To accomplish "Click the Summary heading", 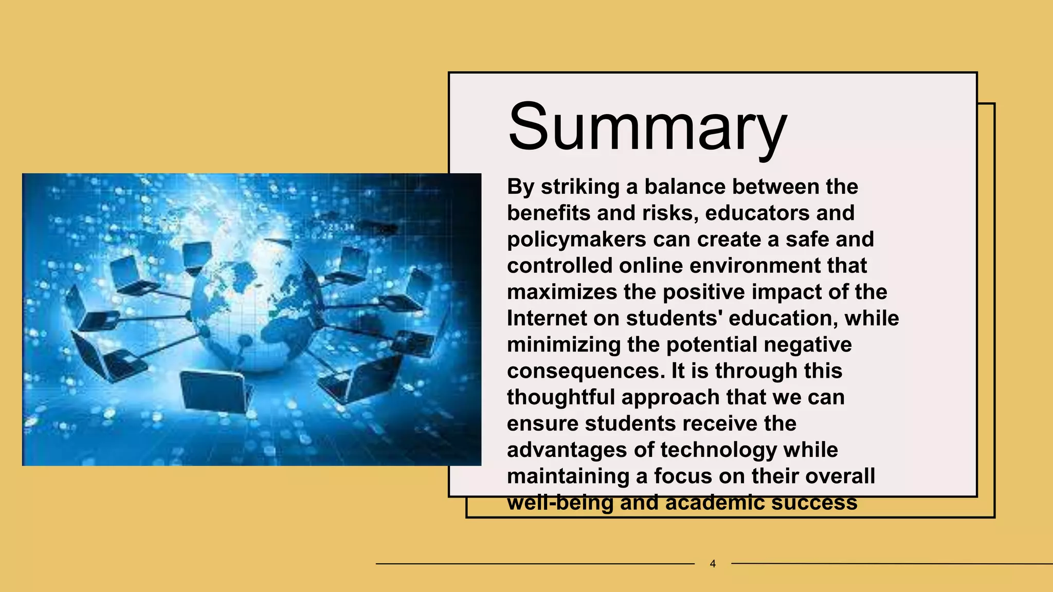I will (647, 126).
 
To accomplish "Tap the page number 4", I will (713, 564).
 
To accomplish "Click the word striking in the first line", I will (580, 187).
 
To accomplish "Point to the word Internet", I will (547, 318).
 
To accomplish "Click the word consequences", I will (586, 371).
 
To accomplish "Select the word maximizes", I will (562, 292).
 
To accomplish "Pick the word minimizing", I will (564, 344).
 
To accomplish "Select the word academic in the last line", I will (714, 503).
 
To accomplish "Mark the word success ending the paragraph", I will (814, 503).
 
